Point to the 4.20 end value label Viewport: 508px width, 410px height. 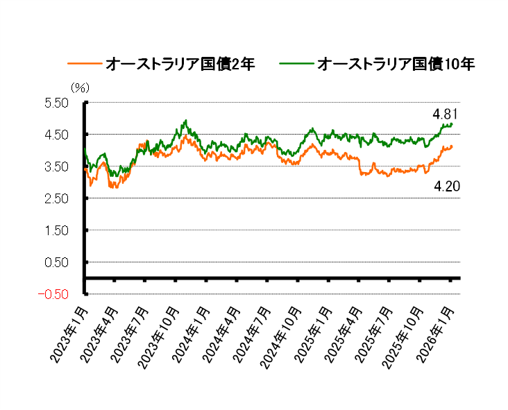(x=448, y=186)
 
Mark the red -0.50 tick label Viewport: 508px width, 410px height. (x=56, y=294)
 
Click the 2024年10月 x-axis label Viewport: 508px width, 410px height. (x=282, y=337)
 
